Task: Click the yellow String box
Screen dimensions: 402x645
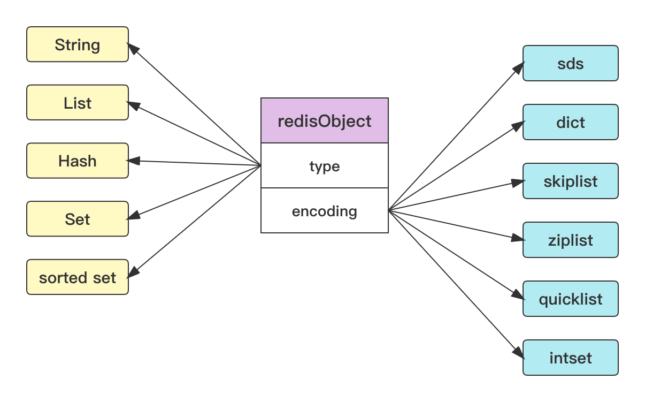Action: coord(78,44)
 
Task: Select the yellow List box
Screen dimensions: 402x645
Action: coord(78,103)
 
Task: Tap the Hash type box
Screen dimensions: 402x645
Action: coord(78,161)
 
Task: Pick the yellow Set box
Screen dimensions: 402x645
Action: coord(78,219)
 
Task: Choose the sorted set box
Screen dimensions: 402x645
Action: coord(78,277)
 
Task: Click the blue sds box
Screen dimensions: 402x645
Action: coord(570,64)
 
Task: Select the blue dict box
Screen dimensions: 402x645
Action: coord(570,122)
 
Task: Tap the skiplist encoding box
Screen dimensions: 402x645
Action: coord(570,181)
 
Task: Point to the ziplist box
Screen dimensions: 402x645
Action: coord(570,240)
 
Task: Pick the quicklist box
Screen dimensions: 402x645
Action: coord(570,299)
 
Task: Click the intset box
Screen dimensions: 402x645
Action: coord(570,358)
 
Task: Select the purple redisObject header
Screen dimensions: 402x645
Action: coord(325,121)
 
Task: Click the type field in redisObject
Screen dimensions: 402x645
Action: coord(325,166)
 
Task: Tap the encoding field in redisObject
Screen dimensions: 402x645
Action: coord(325,211)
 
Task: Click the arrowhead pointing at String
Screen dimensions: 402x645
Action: coord(134,50)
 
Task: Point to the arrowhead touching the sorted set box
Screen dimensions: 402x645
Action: coord(134,272)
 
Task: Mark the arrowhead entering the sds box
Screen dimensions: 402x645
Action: coord(517,68)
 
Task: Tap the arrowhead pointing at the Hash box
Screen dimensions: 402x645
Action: coord(134,161)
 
